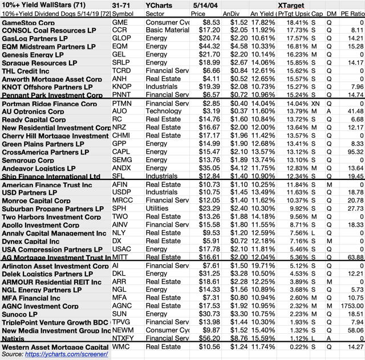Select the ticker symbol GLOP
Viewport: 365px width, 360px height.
point(123,37)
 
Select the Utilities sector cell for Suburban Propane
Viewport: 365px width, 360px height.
point(159,208)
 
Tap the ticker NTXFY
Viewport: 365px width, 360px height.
point(125,338)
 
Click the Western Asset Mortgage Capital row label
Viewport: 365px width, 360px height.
point(55,347)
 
